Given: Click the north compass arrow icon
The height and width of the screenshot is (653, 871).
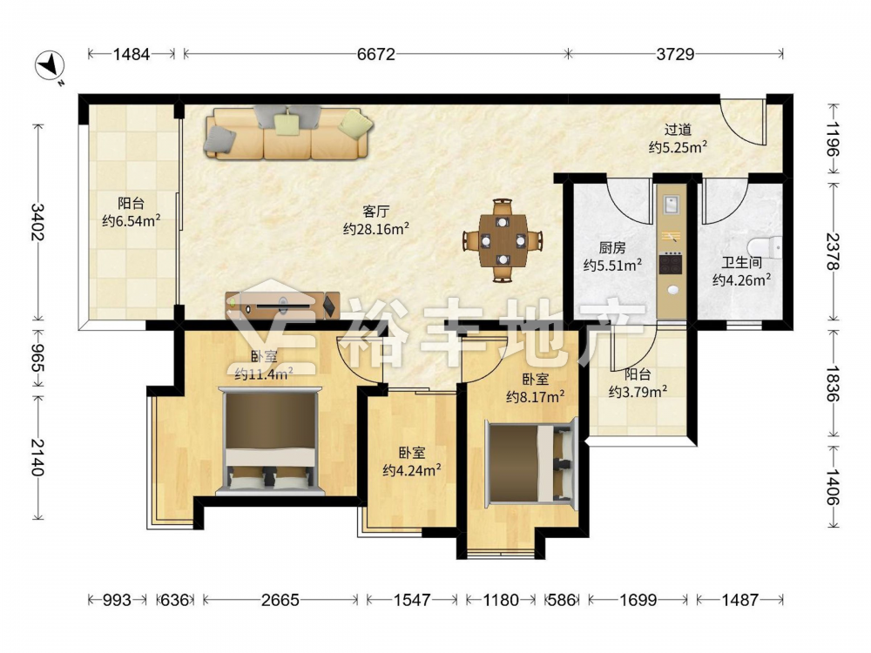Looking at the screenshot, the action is (51, 66).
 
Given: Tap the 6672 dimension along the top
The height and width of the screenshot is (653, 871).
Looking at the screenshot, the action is (376, 54).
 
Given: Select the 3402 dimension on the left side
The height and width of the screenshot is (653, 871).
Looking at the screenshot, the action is (37, 222).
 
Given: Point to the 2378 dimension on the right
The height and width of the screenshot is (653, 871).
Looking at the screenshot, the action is (832, 252).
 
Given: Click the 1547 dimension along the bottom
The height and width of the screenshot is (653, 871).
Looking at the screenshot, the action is (412, 600).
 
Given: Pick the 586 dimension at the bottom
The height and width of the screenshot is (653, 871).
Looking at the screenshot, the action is (562, 600).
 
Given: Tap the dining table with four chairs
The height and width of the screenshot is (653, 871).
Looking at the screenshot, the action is (503, 240).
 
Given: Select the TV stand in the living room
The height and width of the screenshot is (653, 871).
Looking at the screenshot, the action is (283, 305).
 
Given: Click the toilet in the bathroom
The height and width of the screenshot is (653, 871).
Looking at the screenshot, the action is (765, 246).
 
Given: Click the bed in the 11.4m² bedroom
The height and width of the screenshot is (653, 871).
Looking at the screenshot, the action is (270, 441).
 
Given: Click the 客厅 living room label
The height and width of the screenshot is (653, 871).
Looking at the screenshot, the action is (376, 211).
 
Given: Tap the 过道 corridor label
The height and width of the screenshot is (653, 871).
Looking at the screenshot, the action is (679, 130).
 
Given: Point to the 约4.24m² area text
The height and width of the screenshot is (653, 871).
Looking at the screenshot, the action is (412, 471).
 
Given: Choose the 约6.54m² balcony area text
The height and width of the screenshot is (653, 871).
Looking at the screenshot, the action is (132, 221).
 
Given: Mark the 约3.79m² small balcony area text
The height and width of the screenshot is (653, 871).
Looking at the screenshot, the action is (638, 392).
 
